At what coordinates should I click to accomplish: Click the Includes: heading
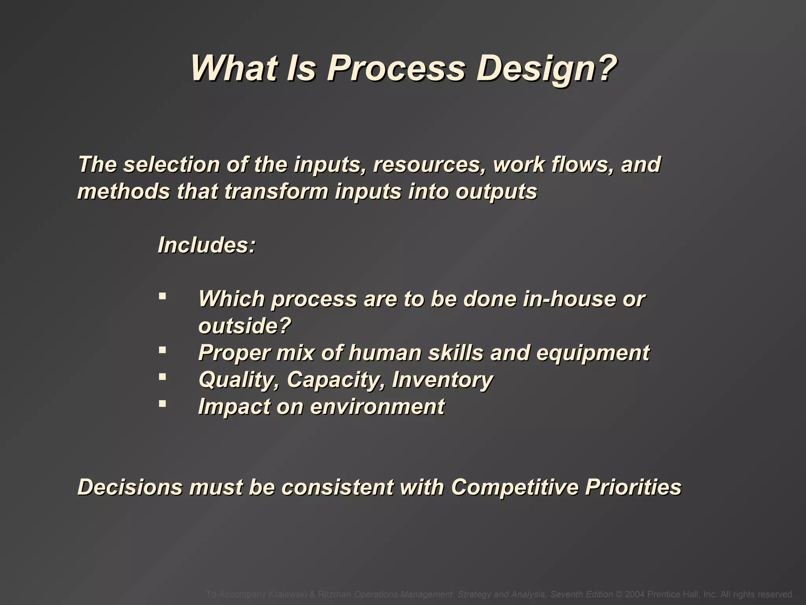207,245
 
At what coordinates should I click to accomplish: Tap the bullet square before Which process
162,295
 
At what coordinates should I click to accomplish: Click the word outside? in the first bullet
244,326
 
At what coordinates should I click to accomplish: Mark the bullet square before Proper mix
162,349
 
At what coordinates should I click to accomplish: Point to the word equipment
593,353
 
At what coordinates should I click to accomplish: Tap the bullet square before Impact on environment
162,403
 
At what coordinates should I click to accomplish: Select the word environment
377,406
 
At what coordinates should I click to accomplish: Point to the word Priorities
633,487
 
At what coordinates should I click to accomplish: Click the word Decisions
130,487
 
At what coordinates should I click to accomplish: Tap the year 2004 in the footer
634,594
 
